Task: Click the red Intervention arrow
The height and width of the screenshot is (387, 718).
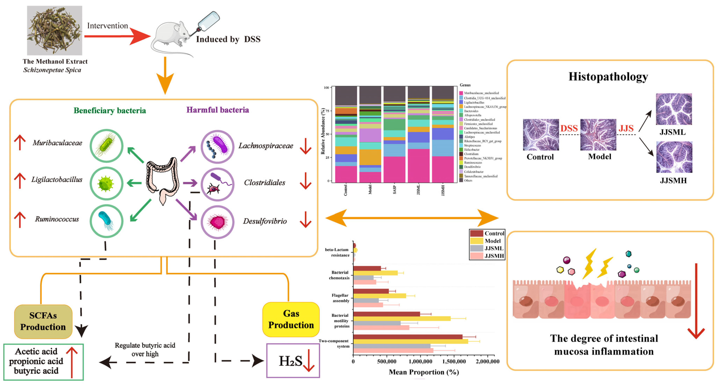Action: tap(117, 36)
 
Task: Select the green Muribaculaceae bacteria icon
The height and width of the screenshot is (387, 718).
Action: tap(106, 146)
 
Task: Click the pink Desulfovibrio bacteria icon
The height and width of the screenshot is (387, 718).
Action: tap(217, 222)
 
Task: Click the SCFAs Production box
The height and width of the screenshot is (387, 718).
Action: tap(43, 321)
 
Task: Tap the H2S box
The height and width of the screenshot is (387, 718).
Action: tap(293, 360)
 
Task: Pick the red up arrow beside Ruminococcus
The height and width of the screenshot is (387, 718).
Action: tap(20, 220)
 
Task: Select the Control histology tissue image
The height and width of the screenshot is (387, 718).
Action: tap(541, 135)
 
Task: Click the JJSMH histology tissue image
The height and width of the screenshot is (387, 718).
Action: tap(674, 157)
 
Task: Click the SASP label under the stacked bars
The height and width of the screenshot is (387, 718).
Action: tap(394, 190)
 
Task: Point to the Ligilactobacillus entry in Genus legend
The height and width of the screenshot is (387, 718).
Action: tap(474, 102)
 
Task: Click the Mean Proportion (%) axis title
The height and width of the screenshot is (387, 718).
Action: tap(424, 372)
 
